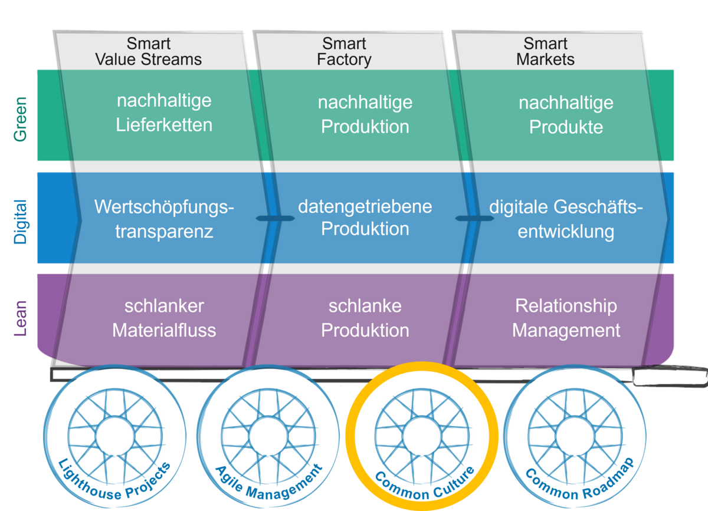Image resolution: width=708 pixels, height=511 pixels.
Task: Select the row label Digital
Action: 21,221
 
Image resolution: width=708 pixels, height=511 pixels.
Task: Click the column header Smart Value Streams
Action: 148,52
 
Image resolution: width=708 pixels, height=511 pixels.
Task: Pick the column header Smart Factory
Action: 344,52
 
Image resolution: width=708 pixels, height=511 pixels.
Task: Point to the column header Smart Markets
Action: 545,52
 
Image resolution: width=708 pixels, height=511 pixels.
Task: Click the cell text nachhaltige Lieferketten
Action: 164,113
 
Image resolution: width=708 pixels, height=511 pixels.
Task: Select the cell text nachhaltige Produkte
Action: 566,115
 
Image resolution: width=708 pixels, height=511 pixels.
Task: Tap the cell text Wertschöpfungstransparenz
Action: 164,219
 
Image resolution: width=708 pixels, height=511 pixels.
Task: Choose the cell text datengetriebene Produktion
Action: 365,217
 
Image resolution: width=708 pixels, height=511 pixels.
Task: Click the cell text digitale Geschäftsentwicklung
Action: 566,219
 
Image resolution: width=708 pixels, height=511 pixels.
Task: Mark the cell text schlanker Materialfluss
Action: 164,318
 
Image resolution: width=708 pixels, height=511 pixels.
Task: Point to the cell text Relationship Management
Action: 566,318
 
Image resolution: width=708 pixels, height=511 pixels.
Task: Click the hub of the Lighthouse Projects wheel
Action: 116,436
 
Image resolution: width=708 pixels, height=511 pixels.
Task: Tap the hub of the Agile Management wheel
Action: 269,436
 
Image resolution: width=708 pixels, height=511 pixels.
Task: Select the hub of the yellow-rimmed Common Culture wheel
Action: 422,436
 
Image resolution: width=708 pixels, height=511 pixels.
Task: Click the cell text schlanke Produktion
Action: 365,318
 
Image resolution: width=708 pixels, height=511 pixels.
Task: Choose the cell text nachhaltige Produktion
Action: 365,114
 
